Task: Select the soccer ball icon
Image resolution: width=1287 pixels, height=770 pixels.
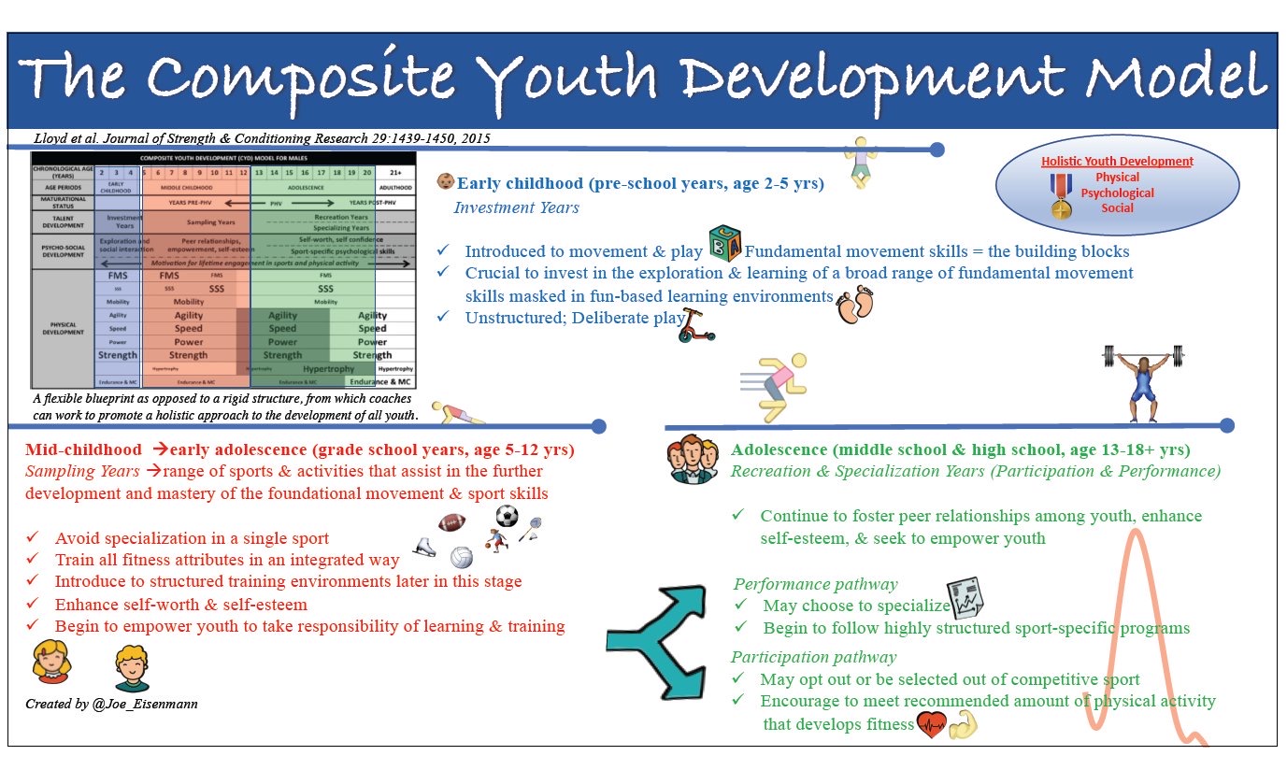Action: coord(506,516)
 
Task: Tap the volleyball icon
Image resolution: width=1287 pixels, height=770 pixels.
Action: coord(461,558)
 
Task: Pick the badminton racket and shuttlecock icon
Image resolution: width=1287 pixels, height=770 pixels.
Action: coord(530,528)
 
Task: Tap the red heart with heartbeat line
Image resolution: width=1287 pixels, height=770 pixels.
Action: coord(931,725)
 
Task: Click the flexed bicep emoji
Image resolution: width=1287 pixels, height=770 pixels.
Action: coord(962,725)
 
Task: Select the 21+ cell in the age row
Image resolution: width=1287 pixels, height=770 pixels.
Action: coord(394,173)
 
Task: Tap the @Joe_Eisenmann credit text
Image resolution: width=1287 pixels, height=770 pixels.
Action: coord(111,703)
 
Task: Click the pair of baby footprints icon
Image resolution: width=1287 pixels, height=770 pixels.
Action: coord(855,304)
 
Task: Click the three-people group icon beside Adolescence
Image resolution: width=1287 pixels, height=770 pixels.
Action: coord(693,459)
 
